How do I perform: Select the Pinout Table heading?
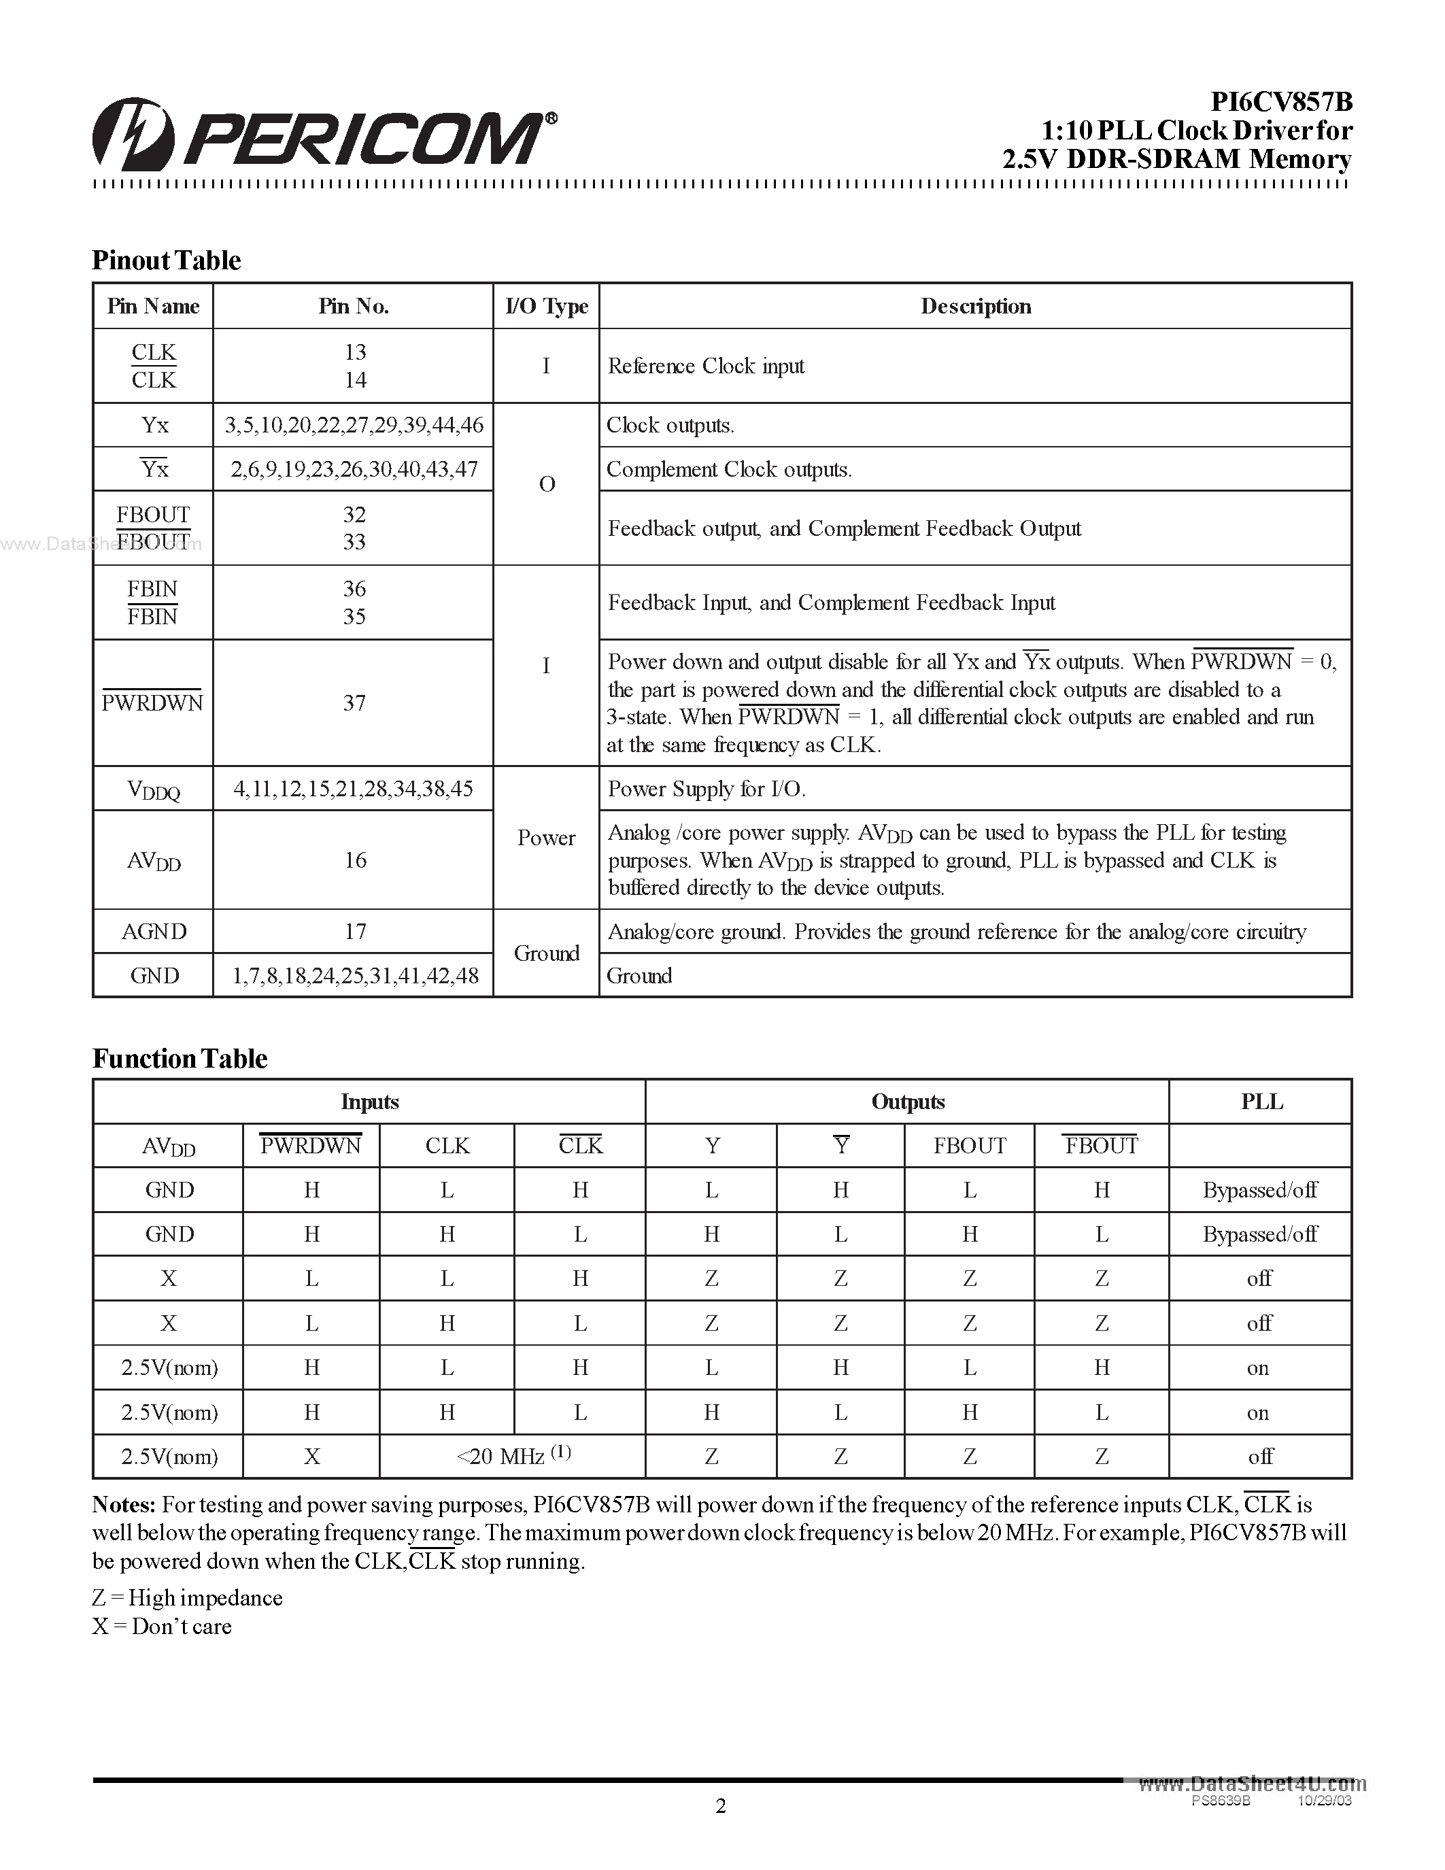[x=166, y=260]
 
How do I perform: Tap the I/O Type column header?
[x=546, y=307]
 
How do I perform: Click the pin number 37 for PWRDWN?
[x=354, y=703]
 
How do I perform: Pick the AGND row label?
[x=154, y=932]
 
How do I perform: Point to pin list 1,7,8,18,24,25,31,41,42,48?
[x=354, y=976]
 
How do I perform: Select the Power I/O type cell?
[x=546, y=838]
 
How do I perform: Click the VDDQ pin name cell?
[x=154, y=789]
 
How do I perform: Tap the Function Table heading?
[x=180, y=1059]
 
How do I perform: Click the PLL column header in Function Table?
[x=1261, y=1102]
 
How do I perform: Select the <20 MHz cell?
[x=512, y=1457]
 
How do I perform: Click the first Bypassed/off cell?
[x=1259, y=1190]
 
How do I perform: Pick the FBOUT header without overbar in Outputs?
[x=969, y=1146]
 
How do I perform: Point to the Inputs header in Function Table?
[x=369, y=1102]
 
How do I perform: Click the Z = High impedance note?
[x=188, y=1599]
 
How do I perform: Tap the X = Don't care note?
[x=162, y=1627]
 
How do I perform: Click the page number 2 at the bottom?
[x=721, y=1807]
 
